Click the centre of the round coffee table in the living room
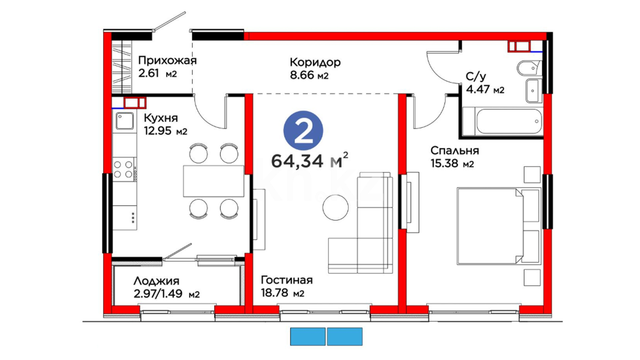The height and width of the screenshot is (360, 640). pos(336,207)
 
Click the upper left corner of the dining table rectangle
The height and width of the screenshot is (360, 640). pos(183,165)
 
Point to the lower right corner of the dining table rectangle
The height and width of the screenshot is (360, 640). pos(244,197)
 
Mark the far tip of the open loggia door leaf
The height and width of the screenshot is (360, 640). pos(191,244)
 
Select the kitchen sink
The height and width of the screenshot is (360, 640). pos(125,121)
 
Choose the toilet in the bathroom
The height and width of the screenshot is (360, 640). pos(530,69)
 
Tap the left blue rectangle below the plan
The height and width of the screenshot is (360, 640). pos(308,336)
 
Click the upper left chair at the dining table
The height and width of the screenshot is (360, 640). pos(199,153)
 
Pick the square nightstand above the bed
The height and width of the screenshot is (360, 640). pos(532,175)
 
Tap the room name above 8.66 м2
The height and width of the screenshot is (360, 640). pos(315,62)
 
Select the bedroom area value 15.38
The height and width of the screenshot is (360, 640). pos(445,163)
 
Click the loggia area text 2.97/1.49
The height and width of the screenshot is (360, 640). pos(158,294)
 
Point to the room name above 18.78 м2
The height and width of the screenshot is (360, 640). pos(287,280)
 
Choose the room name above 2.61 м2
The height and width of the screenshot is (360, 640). pos(167,61)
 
